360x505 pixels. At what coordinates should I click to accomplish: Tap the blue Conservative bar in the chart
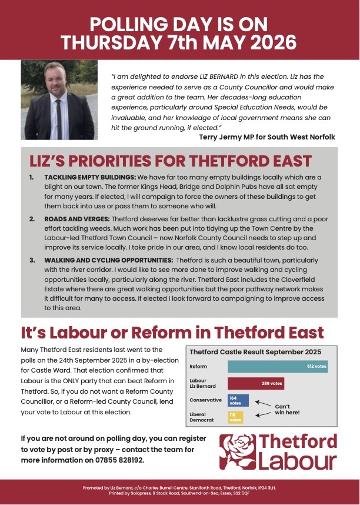tap(238, 400)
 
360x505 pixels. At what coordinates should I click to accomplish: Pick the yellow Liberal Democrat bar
tap(235, 417)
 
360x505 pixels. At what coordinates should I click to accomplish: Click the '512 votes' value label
tap(316, 366)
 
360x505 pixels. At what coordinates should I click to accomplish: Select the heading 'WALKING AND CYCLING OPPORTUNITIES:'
tap(105, 260)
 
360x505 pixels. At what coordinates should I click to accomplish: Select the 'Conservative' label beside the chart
tap(205, 400)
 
